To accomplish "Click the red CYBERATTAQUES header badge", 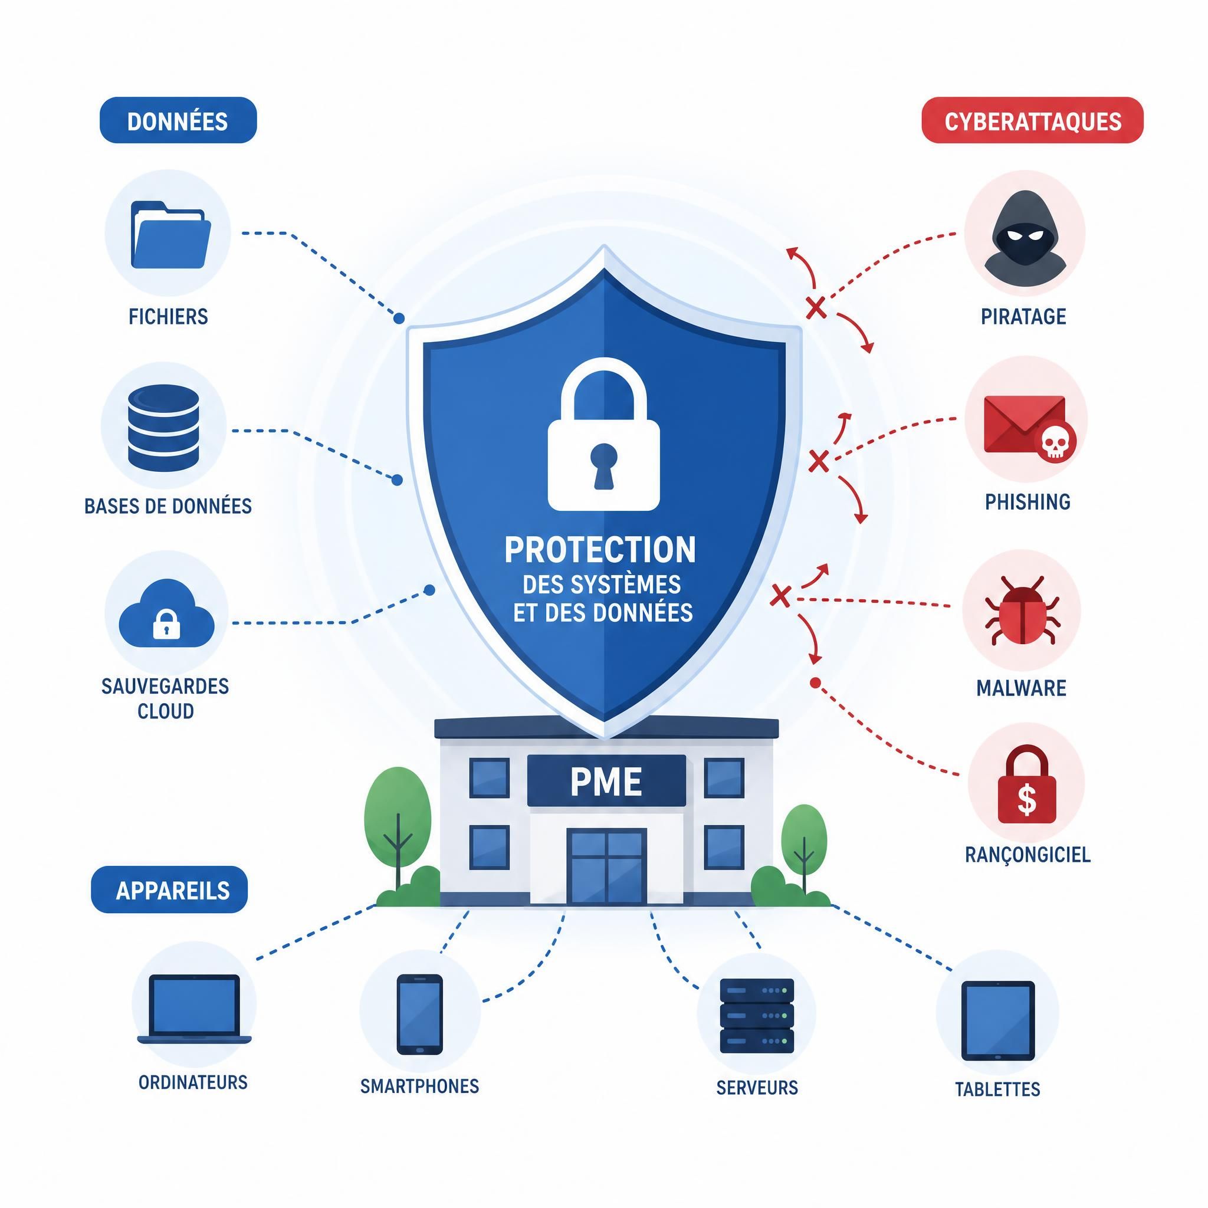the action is pos(1032,121).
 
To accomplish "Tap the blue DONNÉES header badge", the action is pos(178,121).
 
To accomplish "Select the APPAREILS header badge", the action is pos(169,889).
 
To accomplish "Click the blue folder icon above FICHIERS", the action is pos(170,235).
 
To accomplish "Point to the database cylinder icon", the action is pos(163,428).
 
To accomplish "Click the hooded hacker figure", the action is pos(1025,236).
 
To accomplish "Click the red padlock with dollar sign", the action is pos(1027,784).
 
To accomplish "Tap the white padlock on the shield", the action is pos(603,434).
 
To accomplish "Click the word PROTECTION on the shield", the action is pos(600,550).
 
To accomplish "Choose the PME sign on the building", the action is pos(606,781).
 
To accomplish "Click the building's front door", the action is pos(606,866).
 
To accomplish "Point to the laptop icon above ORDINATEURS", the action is pos(195,1009).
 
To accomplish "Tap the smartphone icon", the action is pos(419,1014).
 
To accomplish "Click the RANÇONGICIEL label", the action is pos(1028,855).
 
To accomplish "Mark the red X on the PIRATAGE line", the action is pos(815,308).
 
